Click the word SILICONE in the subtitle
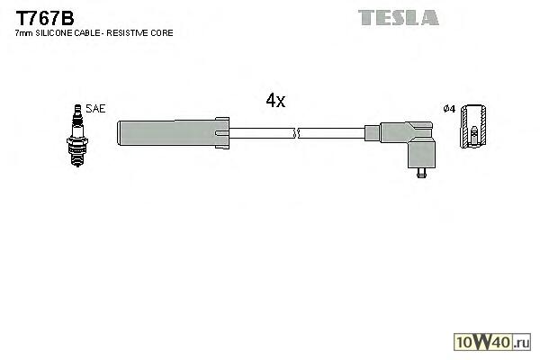[x=55, y=33]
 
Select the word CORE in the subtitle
[x=163, y=33]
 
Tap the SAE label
[x=96, y=109]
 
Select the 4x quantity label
[x=275, y=101]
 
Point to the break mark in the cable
[x=296, y=133]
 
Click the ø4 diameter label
[x=451, y=109]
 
